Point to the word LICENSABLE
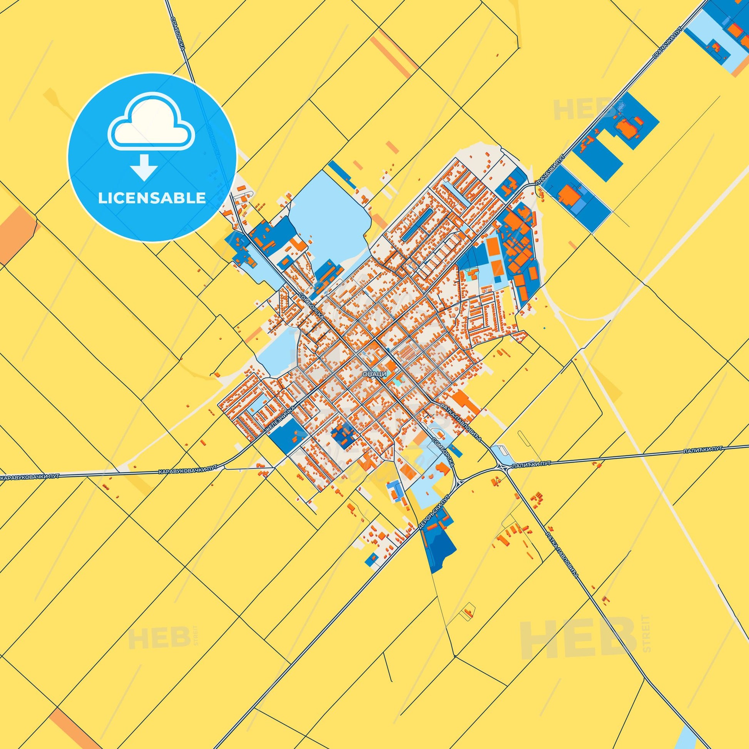point(152,198)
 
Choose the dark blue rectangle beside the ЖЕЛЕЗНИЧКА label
point(286,436)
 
